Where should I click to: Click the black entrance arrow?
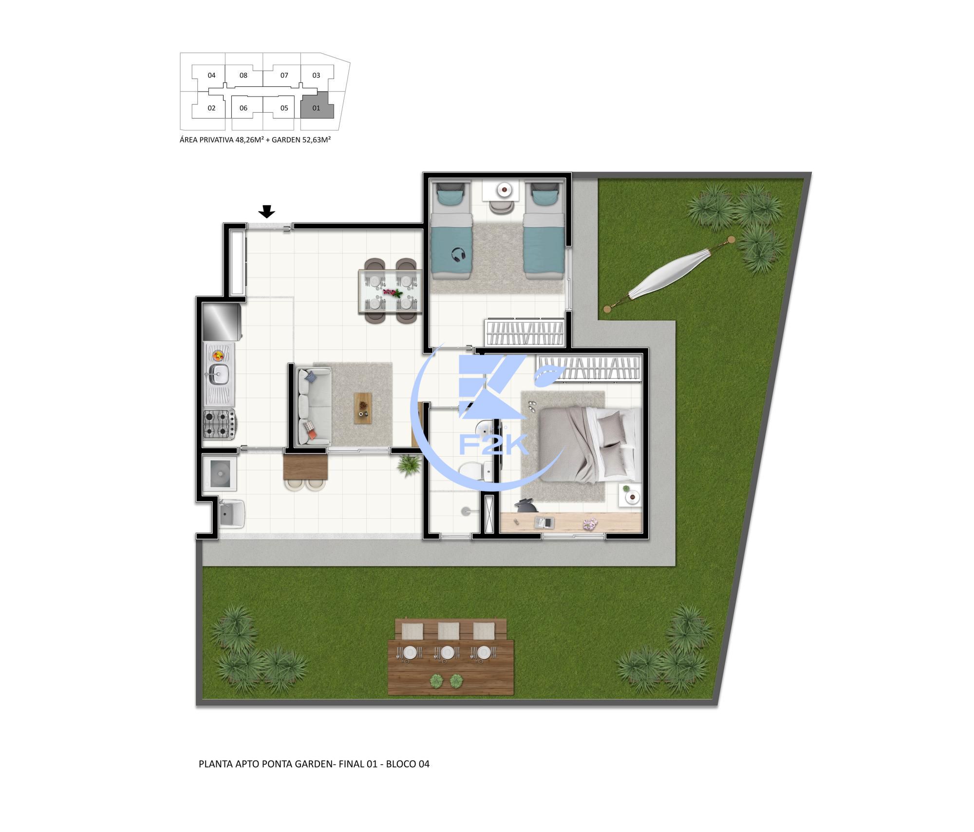[x=266, y=212]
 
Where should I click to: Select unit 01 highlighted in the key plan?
[x=316, y=108]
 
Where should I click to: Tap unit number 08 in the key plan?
[x=243, y=76]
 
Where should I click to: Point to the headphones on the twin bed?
[x=458, y=254]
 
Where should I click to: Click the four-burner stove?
[x=218, y=424]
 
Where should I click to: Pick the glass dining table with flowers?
[x=390, y=292]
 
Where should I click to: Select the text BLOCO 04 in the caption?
[x=408, y=764]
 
